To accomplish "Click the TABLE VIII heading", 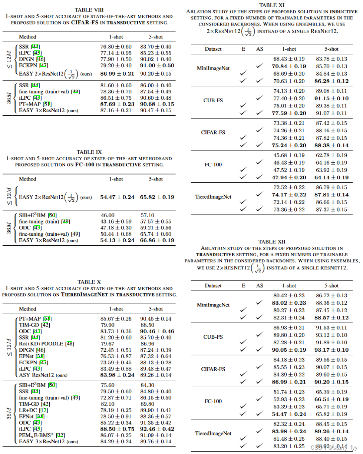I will pos(89,10).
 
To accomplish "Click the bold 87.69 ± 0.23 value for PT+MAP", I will pos(117,104).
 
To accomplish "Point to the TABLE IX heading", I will pos(89,152).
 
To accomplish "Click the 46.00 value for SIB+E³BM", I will pos(107,215).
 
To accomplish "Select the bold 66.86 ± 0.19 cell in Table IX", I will pos(157,240).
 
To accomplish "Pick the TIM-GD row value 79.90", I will pos(107,325).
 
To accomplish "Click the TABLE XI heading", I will pos(272,5).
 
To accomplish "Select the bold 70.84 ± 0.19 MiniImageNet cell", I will pos(289,66).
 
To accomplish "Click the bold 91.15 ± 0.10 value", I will pos(331,98).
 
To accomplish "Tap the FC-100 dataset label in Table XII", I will pos(213,401).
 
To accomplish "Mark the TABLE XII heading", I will pos(272,242).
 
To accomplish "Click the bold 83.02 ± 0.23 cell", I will pos(289,303).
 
